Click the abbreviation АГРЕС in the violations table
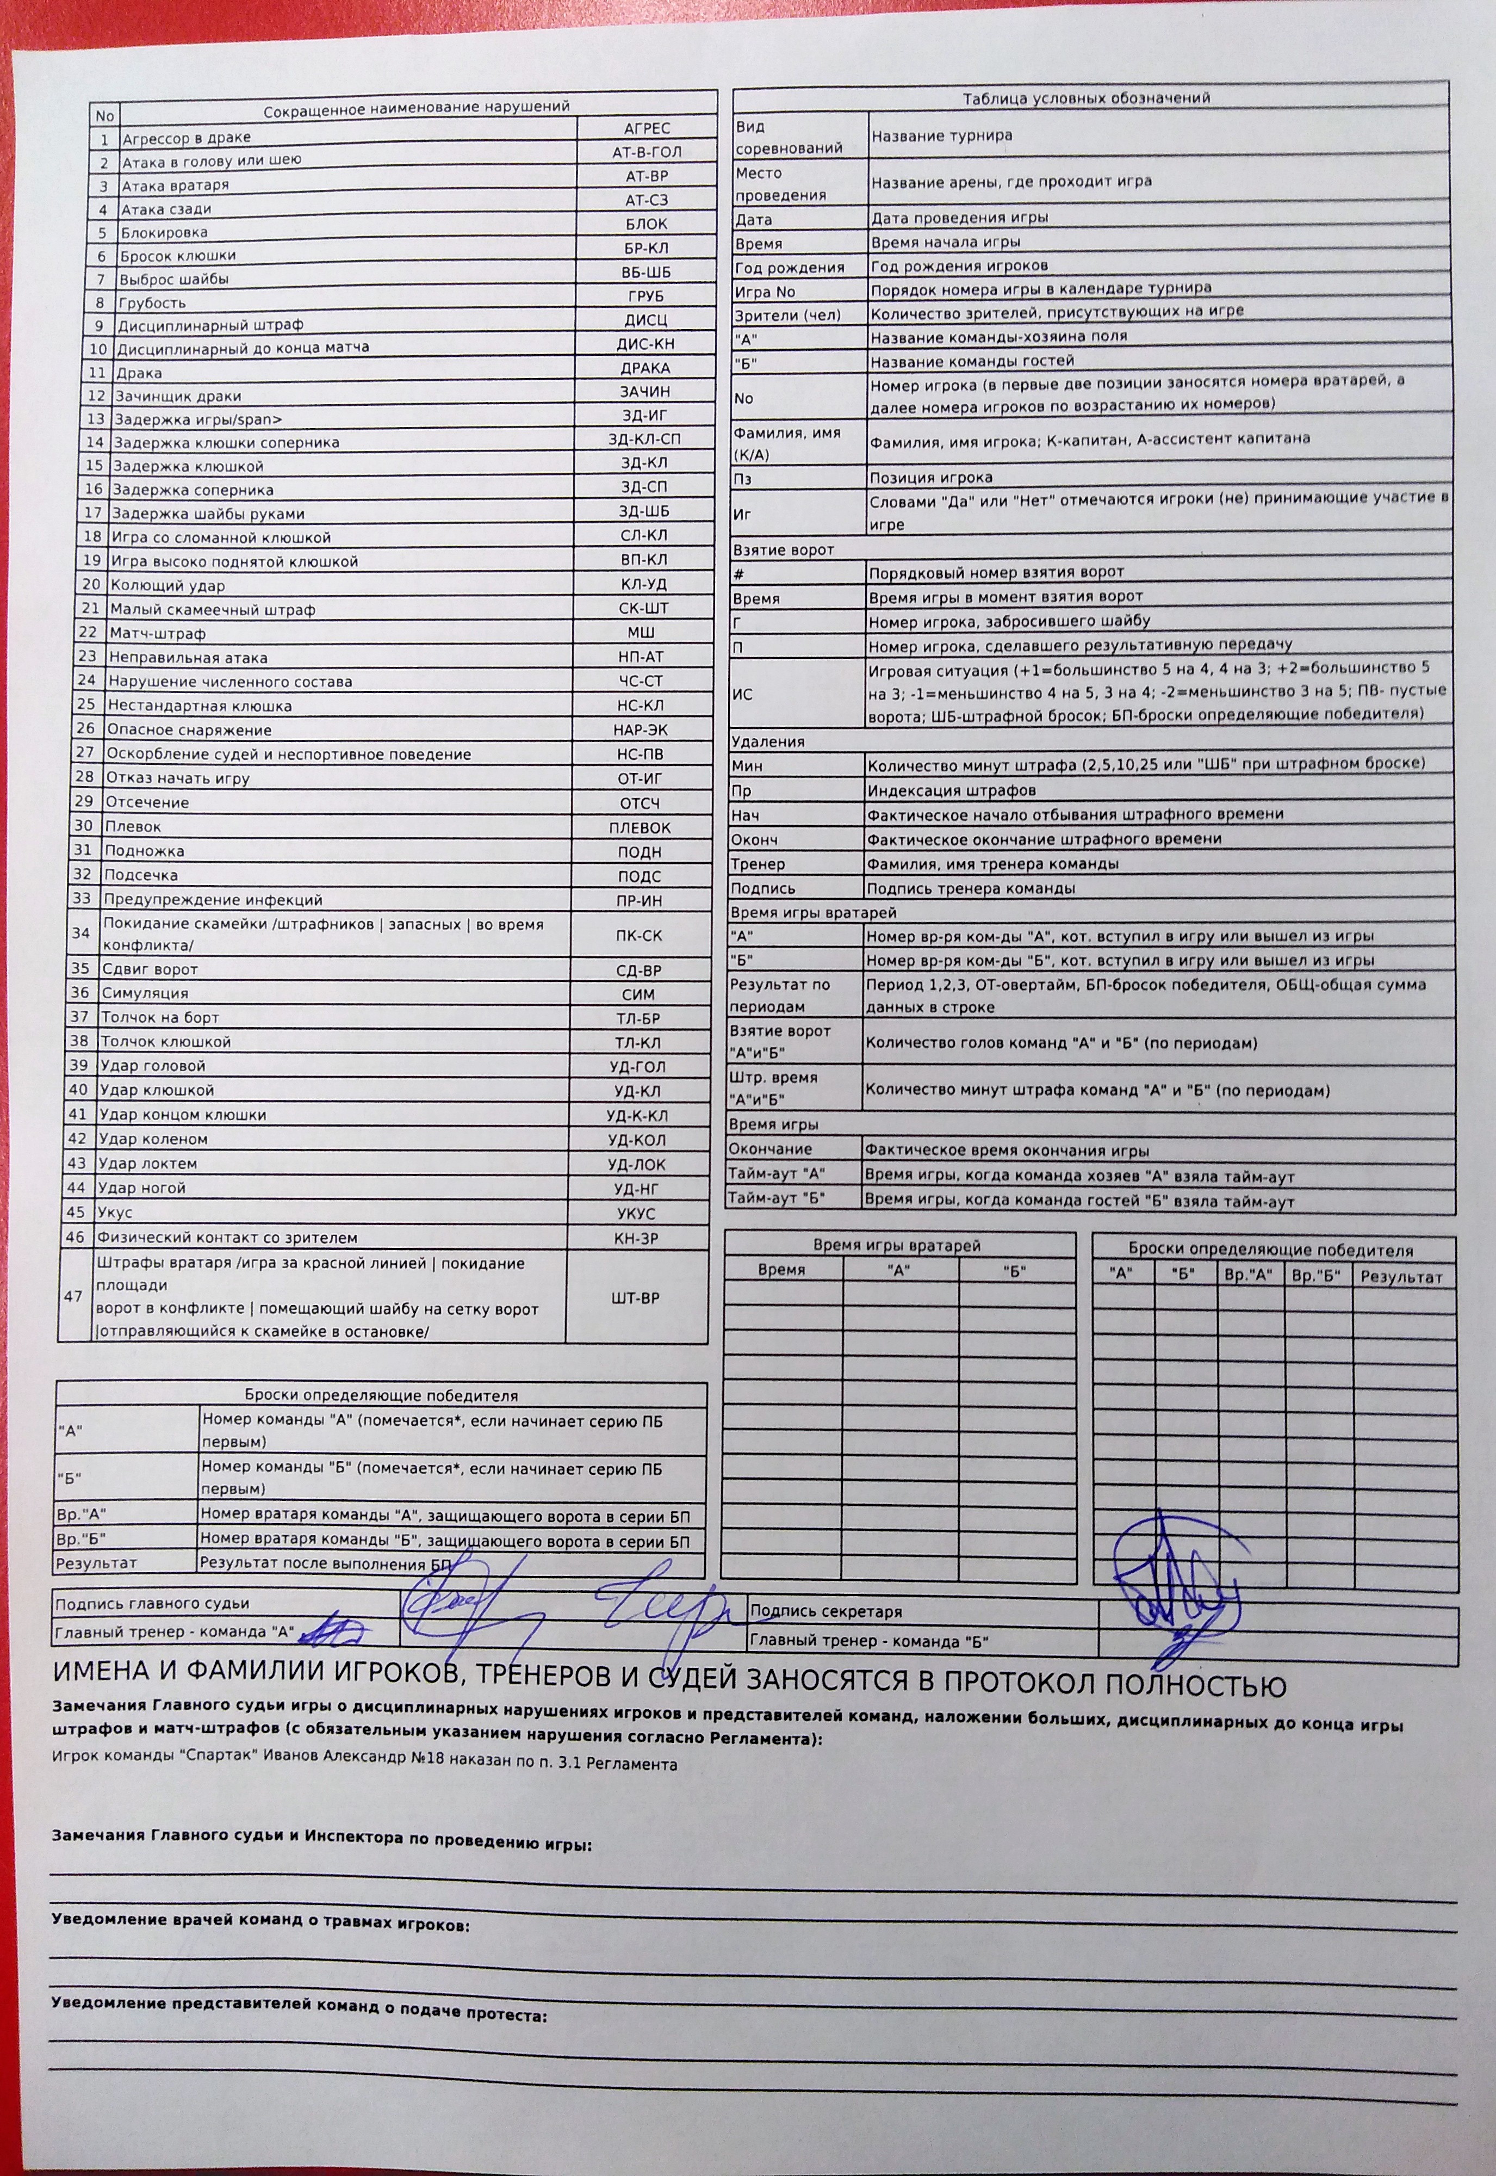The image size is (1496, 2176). click(x=647, y=128)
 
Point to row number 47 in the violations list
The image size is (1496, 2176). click(x=73, y=1296)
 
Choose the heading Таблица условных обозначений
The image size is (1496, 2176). click(x=1087, y=97)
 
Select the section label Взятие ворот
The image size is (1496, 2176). click(x=783, y=549)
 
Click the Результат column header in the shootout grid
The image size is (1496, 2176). click(x=1401, y=1277)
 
